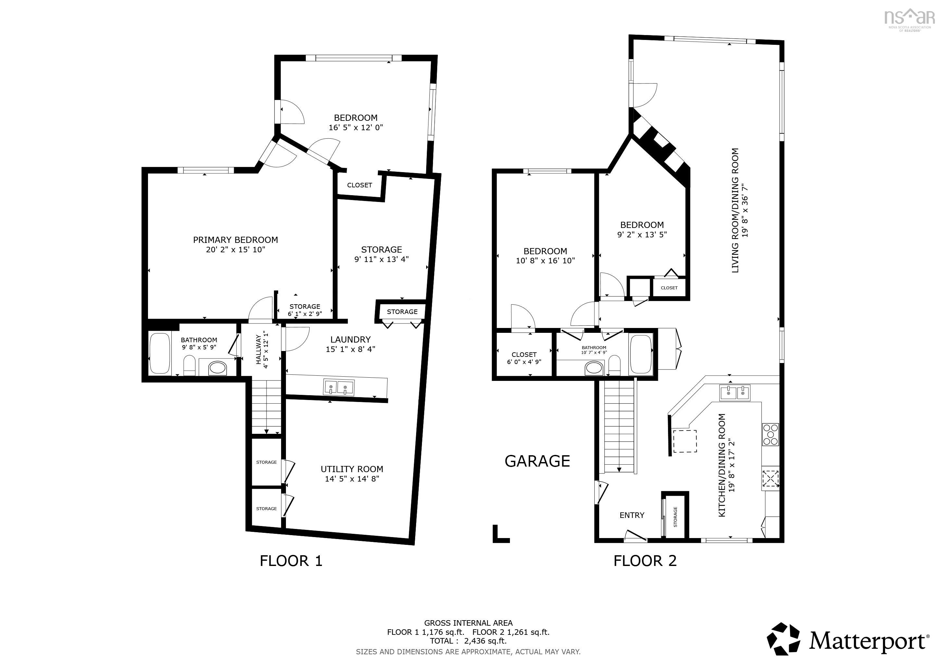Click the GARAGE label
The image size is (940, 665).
click(537, 461)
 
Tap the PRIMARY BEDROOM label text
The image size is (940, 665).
click(235, 240)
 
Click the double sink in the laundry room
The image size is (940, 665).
click(339, 387)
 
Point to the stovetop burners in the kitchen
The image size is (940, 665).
click(770, 434)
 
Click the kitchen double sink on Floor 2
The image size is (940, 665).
click(735, 393)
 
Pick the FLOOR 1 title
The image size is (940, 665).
click(291, 560)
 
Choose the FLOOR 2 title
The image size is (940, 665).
click(645, 560)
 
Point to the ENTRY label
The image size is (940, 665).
click(632, 515)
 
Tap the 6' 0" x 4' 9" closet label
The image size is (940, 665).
click(524, 362)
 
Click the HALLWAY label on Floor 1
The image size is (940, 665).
click(258, 349)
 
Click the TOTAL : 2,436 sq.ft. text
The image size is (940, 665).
click(468, 641)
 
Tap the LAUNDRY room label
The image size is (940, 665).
click(351, 339)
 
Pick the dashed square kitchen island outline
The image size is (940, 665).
click(685, 441)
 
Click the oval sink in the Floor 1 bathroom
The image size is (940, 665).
click(217, 368)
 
